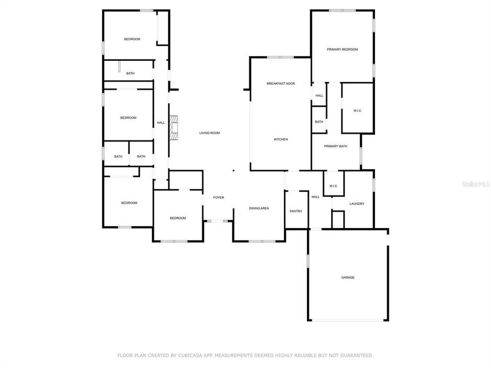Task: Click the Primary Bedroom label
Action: (x=342, y=50)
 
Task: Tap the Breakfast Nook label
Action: (x=281, y=83)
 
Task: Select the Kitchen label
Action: (x=281, y=140)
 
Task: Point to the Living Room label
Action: (x=209, y=133)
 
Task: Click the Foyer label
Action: (x=218, y=197)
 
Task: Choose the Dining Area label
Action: (x=259, y=209)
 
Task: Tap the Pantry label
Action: (x=296, y=211)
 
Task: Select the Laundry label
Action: (x=356, y=204)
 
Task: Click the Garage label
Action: (x=348, y=278)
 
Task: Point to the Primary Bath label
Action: (x=336, y=146)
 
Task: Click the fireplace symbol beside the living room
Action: (x=174, y=127)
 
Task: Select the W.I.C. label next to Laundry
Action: (x=333, y=186)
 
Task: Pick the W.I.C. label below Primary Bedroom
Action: (x=357, y=111)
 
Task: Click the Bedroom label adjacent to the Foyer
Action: (x=177, y=218)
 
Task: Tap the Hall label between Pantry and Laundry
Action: (x=316, y=197)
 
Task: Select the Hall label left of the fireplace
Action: (x=161, y=123)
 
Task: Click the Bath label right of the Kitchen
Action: (x=319, y=122)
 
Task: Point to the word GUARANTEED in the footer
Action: (x=358, y=355)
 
